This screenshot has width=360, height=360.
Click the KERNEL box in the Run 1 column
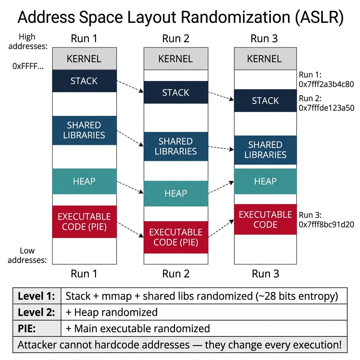coord(84,59)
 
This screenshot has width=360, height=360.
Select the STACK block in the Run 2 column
coord(176,93)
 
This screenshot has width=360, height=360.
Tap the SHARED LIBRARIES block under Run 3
coord(265,150)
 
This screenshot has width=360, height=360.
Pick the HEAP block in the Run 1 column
coord(84,181)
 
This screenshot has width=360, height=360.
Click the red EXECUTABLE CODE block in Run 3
coord(265,219)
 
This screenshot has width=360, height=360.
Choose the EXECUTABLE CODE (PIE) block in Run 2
coord(176,237)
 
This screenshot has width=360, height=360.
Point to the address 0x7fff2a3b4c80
coord(326,84)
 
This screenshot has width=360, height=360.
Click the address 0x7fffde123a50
coord(326,108)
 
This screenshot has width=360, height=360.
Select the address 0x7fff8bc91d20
coord(326,225)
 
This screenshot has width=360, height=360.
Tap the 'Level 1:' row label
coord(37,296)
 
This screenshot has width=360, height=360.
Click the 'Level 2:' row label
coord(37,312)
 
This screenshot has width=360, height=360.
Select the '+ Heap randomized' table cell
coord(111,312)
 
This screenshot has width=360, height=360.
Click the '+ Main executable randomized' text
coord(137,328)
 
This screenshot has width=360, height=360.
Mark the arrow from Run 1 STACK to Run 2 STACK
coord(130,86)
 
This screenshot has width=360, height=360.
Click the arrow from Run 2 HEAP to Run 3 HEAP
coord(221,187)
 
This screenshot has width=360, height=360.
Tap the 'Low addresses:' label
coord(27,256)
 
